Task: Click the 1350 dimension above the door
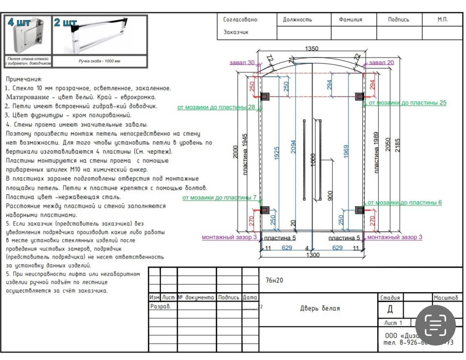[x=312, y=48]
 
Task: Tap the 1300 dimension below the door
[x=313, y=255]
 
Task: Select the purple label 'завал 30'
[x=242, y=62]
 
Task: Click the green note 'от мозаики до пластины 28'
[x=216, y=107]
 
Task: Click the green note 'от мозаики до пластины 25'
[x=407, y=103]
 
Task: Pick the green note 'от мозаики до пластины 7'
[x=219, y=197]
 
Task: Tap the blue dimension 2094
[x=294, y=146]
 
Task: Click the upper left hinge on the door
[x=265, y=96]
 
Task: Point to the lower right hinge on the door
[x=360, y=210]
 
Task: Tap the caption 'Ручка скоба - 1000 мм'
[x=99, y=61]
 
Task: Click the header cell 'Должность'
[x=297, y=20]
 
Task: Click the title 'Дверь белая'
[x=320, y=308]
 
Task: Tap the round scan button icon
[x=435, y=325]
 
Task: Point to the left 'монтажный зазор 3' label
[x=229, y=237]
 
